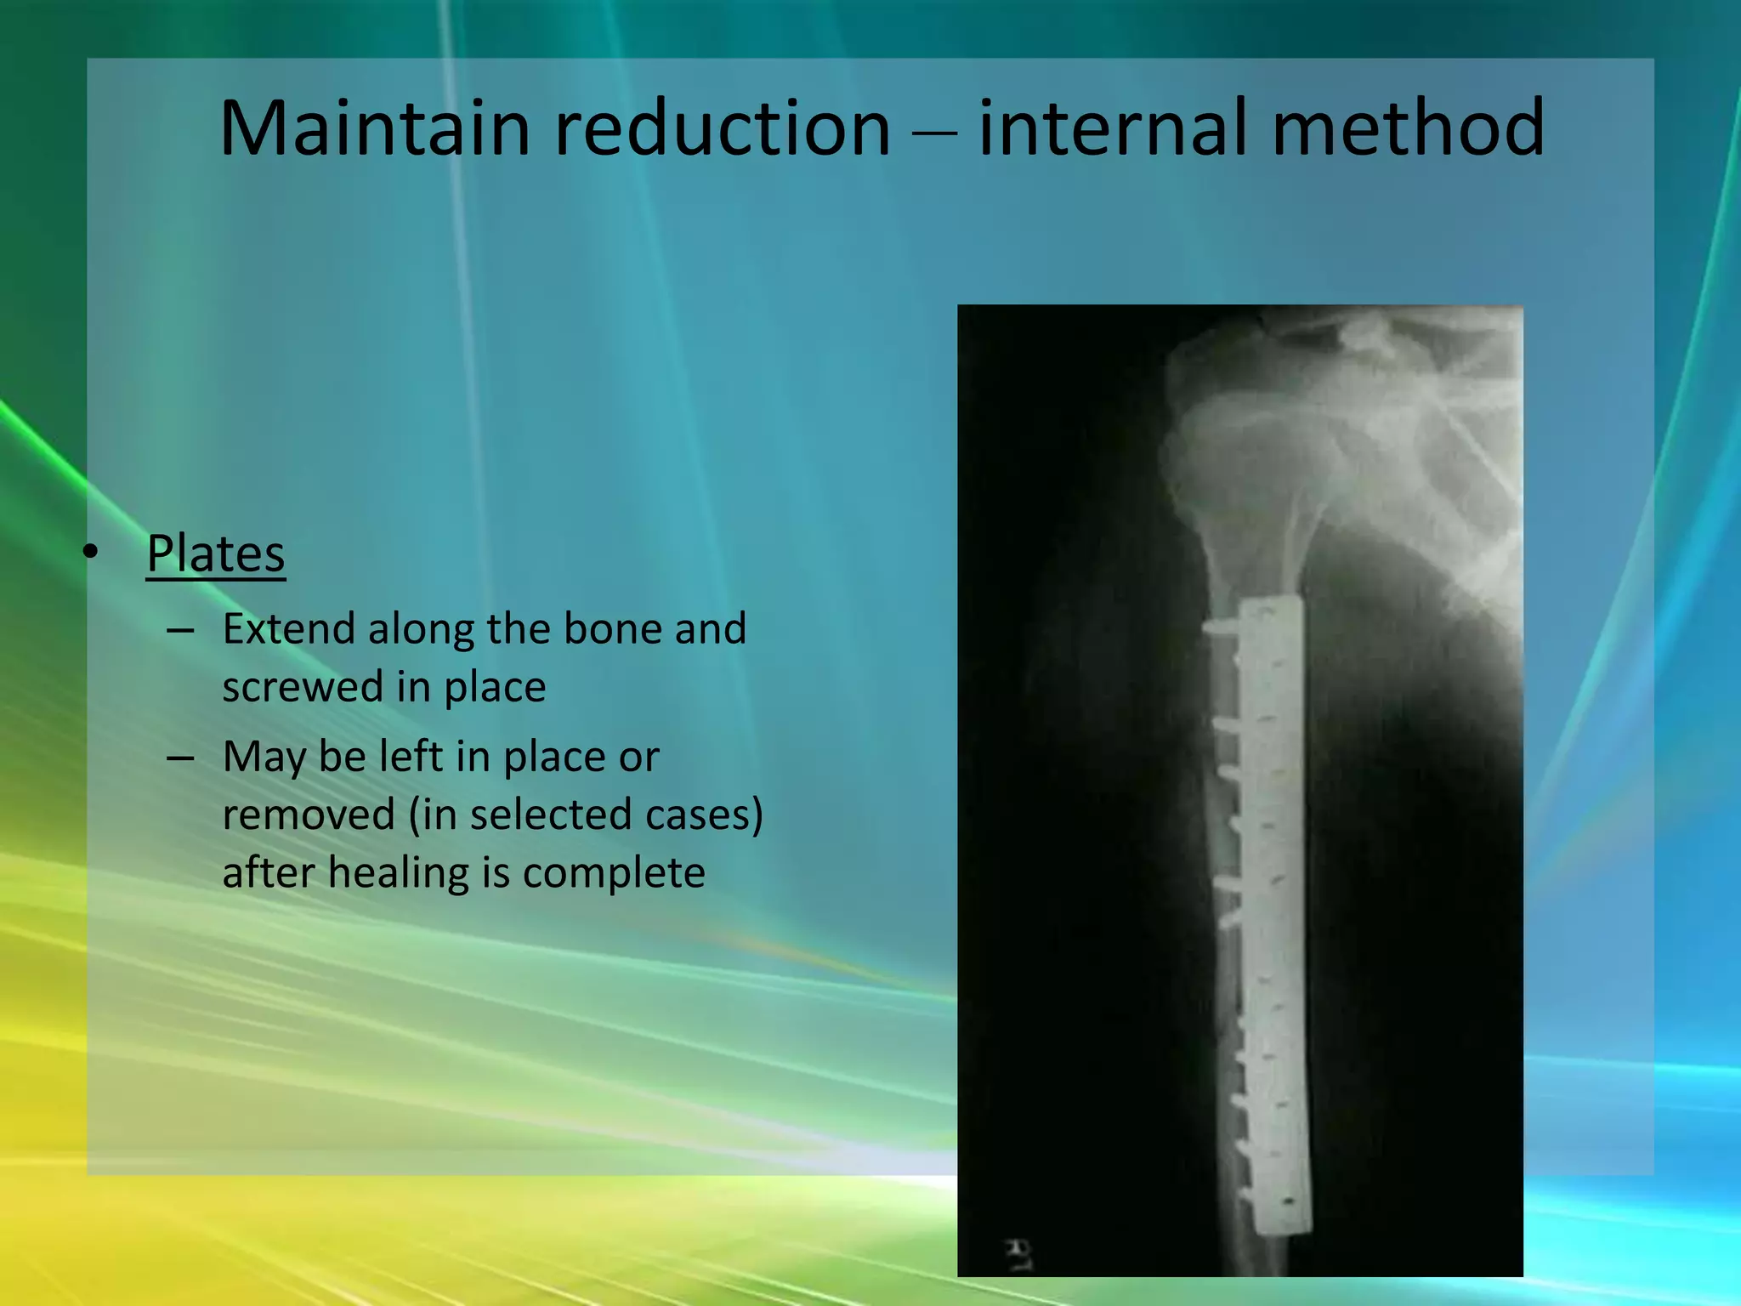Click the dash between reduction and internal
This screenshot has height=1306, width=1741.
(935, 133)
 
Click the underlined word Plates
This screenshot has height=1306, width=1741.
(215, 554)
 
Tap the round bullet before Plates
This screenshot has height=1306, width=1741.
(93, 553)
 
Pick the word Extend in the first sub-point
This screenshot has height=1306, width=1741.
(288, 629)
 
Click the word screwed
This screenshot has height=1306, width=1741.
(303, 687)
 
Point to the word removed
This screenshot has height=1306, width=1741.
(309, 815)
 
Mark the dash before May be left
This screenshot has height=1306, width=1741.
(181, 758)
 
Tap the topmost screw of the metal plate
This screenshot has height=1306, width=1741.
(1222, 627)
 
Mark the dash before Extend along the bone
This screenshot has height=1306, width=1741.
(181, 630)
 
